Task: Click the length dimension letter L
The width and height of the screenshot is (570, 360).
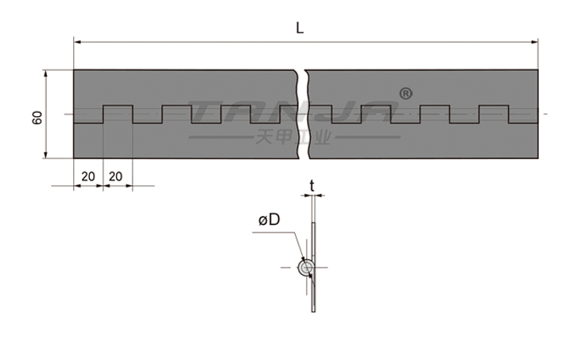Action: [300, 28]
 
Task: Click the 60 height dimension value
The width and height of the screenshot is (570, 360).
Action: [37, 118]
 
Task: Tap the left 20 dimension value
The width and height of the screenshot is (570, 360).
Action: [88, 176]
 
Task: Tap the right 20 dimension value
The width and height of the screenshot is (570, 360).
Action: [115, 176]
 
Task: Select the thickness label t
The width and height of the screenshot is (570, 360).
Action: [312, 186]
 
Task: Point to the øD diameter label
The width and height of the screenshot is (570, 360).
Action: [269, 219]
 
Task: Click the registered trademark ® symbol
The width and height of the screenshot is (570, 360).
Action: [405, 93]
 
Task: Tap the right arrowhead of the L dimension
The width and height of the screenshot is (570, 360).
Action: [535, 42]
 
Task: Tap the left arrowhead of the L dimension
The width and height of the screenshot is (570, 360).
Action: [77, 42]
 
